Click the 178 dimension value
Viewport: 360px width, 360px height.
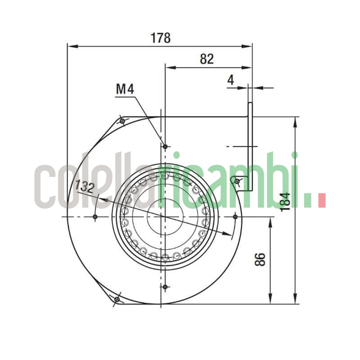(161, 38)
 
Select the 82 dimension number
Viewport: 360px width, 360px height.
(207, 59)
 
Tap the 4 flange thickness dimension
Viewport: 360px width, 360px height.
(231, 80)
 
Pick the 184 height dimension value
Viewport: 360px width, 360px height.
(285, 200)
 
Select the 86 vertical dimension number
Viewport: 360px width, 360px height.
(260, 259)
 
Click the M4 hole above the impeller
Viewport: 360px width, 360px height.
(165, 147)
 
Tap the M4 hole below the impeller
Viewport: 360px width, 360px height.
(165, 287)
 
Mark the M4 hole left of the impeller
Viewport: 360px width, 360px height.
(95, 217)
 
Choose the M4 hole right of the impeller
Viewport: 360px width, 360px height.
(235, 217)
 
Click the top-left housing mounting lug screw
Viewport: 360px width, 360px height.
(122, 121)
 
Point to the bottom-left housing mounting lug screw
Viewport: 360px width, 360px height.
(117, 299)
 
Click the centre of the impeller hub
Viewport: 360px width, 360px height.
(165, 217)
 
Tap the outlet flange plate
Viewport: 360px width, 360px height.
(250, 144)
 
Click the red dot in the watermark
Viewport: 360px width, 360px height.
(321, 201)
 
